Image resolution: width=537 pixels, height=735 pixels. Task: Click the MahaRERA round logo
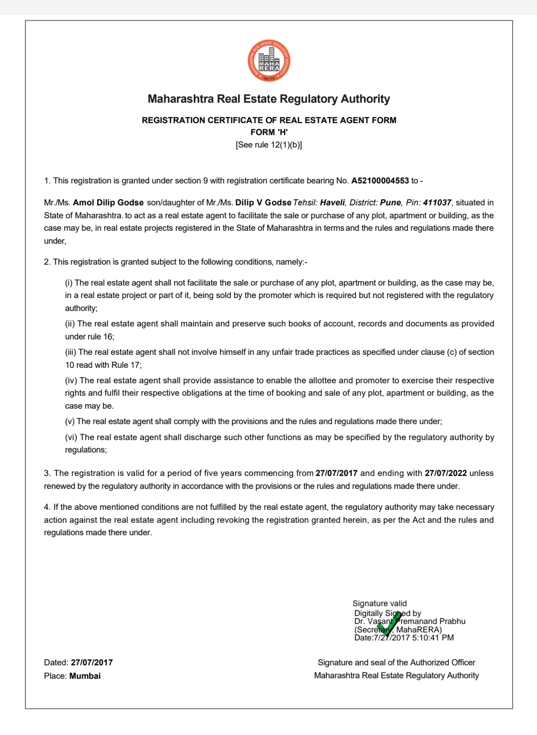[269, 61]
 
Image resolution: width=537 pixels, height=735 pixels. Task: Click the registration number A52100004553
[380, 180]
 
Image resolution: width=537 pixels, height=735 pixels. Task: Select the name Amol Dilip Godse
[108, 202]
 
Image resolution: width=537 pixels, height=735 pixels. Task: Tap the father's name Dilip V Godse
[263, 202]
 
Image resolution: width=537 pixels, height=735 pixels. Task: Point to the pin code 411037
[437, 202]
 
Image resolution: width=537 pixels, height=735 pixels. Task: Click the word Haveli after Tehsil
[332, 202]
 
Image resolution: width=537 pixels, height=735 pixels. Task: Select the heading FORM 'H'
[269, 132]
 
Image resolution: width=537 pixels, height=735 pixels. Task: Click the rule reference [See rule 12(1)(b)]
[269, 145]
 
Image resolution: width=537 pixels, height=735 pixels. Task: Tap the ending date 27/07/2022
[445, 473]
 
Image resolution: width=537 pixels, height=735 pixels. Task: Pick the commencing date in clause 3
[336, 473]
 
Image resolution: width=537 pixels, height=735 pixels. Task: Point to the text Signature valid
[380, 603]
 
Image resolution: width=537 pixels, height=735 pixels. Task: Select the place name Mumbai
[85, 676]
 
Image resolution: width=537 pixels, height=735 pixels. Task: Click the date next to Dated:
[92, 662]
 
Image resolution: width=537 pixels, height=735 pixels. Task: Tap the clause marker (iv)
[71, 380]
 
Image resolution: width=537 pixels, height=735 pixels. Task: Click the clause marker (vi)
[71, 437]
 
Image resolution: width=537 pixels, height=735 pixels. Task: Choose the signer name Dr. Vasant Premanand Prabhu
[409, 621]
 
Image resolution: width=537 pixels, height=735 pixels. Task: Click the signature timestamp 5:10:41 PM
[433, 637]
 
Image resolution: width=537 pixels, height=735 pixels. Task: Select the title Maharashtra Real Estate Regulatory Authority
[269, 99]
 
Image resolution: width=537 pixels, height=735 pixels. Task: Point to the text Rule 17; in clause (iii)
[127, 365]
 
